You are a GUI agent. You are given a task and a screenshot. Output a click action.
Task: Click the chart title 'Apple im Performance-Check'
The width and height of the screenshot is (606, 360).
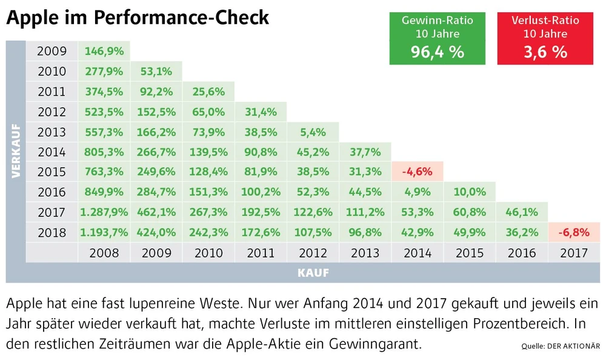coord(137,18)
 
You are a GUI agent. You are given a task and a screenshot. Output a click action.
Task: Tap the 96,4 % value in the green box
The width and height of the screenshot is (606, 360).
coord(437,52)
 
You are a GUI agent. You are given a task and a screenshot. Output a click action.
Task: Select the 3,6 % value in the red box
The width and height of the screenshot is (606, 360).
coord(545,52)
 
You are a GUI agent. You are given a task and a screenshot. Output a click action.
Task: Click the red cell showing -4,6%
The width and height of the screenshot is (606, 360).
coord(418,172)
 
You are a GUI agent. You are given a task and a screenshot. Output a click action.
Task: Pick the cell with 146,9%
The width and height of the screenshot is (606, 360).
coord(104,51)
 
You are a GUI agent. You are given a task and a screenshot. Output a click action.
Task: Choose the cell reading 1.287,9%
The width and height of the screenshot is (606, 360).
coord(104,212)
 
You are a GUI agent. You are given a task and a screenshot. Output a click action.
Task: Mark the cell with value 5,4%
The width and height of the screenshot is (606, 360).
coord(313,132)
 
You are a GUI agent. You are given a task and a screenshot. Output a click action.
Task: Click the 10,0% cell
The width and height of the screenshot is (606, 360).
coord(470,192)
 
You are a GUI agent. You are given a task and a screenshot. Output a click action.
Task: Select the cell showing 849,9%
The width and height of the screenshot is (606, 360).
coord(104,192)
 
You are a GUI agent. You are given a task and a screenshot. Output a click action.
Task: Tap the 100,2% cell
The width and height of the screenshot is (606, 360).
coord(261,192)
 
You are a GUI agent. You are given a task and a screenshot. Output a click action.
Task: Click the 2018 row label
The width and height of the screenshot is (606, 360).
coord(52,232)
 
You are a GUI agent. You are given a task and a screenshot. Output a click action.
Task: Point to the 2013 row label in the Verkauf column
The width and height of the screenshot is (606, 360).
coord(52,132)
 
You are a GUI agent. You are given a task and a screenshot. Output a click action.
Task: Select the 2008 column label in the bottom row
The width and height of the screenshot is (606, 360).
coord(104,253)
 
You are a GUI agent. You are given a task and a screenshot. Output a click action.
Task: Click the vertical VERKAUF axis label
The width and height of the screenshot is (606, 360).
coord(16,152)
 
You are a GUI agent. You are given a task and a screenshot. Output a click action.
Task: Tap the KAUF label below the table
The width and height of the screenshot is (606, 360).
coord(313,273)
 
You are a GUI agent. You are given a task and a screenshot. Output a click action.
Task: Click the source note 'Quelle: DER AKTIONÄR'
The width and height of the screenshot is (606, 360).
coord(561,347)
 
